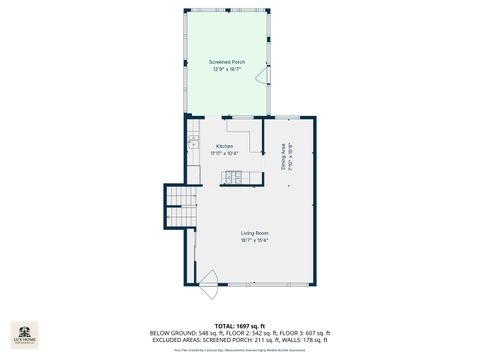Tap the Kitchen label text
tap(224, 147)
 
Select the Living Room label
tap(254, 233)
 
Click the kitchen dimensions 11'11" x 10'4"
tap(224, 154)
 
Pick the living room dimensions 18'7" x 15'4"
tap(254, 240)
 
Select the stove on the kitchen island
tap(232, 178)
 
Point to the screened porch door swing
tap(265, 77)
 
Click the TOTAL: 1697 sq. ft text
tap(239, 326)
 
